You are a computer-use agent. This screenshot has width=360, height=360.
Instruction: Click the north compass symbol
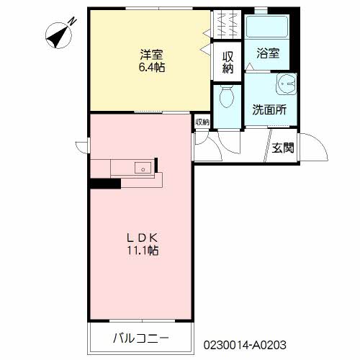pyautogui.click(x=58, y=35)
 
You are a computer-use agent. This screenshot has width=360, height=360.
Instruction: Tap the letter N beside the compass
pyautogui.click(x=72, y=22)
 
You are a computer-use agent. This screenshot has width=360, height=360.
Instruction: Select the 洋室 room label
pyautogui.click(x=152, y=55)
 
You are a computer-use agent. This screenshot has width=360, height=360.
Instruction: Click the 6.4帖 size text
pyautogui.click(x=152, y=68)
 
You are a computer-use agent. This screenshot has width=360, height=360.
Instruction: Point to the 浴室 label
pyautogui.click(x=268, y=53)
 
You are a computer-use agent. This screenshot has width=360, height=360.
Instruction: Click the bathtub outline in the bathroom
pyautogui.click(x=267, y=27)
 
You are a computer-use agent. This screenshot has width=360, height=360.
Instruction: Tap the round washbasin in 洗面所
pyautogui.click(x=287, y=84)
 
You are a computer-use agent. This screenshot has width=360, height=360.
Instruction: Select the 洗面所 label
pyautogui.click(x=269, y=109)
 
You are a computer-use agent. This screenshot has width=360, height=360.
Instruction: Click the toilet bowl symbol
pyautogui.click(x=227, y=96)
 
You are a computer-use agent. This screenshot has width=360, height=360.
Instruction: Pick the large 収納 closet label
pyautogui.click(x=228, y=62)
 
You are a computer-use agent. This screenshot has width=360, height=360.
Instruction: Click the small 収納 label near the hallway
pyautogui.click(x=202, y=122)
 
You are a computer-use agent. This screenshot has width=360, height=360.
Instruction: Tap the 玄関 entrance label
pyautogui.click(x=283, y=148)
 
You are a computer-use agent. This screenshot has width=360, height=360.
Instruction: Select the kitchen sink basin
pyautogui.click(x=143, y=168)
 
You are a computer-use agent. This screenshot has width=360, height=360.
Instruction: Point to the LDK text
pyautogui.click(x=142, y=238)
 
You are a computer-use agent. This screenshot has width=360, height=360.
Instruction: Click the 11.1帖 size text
pyautogui.click(x=143, y=251)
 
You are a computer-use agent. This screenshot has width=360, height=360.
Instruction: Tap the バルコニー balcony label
pyautogui.click(x=141, y=338)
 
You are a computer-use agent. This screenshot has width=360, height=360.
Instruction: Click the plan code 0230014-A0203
pyautogui.click(x=245, y=345)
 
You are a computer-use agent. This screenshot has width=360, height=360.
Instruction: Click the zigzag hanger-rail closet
pyautogui.click(x=227, y=24)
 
